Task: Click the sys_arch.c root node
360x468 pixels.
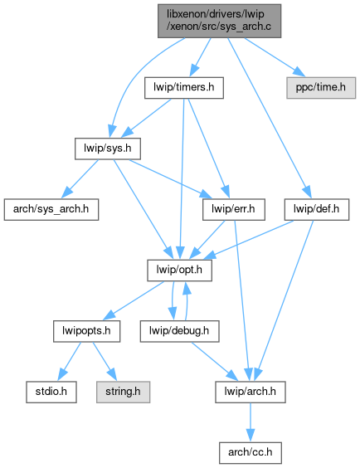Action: tap(219, 21)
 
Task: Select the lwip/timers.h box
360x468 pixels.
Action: tap(184, 88)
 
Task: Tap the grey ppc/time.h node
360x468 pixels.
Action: tap(321, 88)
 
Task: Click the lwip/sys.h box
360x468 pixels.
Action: tap(108, 149)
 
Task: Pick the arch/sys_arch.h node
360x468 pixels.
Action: tap(51, 210)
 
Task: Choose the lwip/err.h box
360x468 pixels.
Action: tap(234, 210)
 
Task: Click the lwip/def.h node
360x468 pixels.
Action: tap(317, 210)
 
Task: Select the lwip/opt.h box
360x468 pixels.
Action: tap(179, 271)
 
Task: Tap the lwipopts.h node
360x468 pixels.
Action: tap(87, 331)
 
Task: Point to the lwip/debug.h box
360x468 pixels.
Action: tap(179, 331)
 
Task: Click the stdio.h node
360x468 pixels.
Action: tap(51, 392)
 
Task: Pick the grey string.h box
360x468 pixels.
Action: tap(124, 392)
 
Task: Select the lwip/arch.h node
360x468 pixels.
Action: tap(251, 392)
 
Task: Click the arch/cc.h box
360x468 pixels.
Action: tap(251, 453)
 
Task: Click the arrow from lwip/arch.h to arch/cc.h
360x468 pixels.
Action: tap(251, 422)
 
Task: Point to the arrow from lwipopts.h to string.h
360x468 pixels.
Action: tap(105, 361)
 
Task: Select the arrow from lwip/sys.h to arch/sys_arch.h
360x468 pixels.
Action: tap(80, 178)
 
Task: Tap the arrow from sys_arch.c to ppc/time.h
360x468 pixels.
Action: tap(275, 57)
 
